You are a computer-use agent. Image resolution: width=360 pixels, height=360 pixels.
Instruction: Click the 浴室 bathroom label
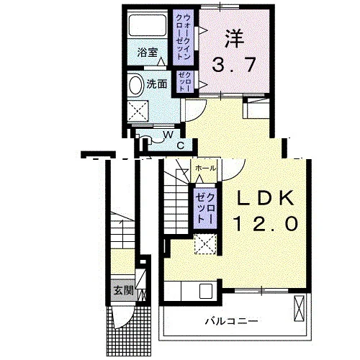pyautogui.click(x=148, y=53)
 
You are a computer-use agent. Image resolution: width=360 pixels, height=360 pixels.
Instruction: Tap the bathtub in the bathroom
pyautogui.click(x=148, y=25)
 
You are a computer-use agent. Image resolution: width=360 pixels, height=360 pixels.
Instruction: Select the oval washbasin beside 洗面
pyautogui.click(x=136, y=86)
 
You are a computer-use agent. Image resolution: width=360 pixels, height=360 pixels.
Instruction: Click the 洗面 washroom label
pyautogui.click(x=157, y=84)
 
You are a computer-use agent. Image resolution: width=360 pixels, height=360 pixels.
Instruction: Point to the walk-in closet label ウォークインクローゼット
pyautogui.click(x=184, y=37)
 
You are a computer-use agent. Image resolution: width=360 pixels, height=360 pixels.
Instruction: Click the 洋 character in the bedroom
pyautogui.click(x=234, y=39)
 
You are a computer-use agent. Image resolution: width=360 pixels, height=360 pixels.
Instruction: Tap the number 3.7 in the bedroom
pyautogui.click(x=233, y=65)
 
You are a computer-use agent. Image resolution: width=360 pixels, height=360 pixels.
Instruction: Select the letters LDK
pyautogui.click(x=265, y=197)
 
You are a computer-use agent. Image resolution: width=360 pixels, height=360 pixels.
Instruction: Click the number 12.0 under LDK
pyautogui.click(x=266, y=223)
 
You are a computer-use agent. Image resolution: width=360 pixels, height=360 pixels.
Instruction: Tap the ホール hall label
pyautogui.click(x=205, y=168)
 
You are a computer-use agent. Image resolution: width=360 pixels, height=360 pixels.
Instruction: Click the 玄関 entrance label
pyautogui.click(x=123, y=291)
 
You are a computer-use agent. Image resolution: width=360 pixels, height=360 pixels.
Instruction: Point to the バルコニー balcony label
pyautogui.click(x=231, y=321)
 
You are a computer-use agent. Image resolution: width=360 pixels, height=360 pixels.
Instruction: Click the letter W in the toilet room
pyautogui.click(x=168, y=135)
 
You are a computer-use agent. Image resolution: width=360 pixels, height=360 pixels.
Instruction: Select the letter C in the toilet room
pyautogui.click(x=181, y=145)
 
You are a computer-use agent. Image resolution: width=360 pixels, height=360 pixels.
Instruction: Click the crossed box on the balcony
pyautogui.click(x=299, y=308)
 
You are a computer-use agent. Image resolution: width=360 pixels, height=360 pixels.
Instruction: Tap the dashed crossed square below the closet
pyautogui.click(x=205, y=244)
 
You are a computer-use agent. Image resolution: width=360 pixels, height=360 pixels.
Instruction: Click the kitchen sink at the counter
pyautogui.click(x=206, y=291)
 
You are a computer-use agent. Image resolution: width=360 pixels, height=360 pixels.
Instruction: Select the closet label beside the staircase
pyautogui.click(x=205, y=209)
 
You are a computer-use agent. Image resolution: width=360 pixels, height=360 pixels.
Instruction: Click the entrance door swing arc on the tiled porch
pyautogui.click(x=125, y=317)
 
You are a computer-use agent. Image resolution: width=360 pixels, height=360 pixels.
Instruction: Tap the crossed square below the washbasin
pyautogui.click(x=138, y=111)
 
